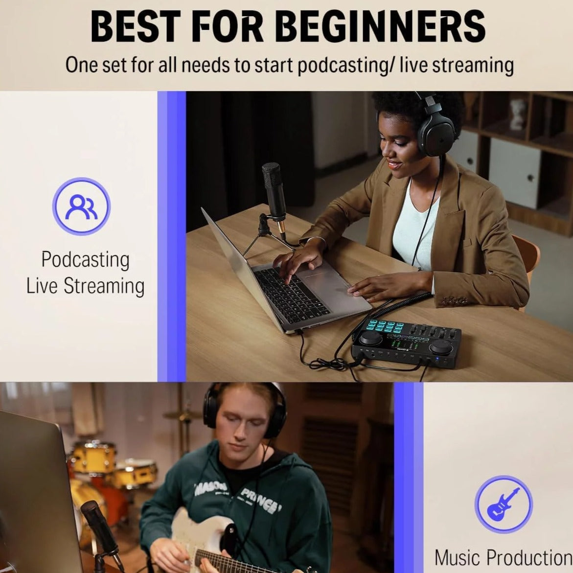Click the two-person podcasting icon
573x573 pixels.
pyautogui.click(x=81, y=206)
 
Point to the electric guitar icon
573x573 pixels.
pyautogui.click(x=504, y=504)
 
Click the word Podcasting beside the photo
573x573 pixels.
pyautogui.click(x=86, y=260)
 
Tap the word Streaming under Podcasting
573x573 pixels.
pyautogui.click(x=104, y=286)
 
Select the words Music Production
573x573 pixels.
pyautogui.click(x=504, y=558)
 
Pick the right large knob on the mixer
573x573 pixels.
pyautogui.click(x=440, y=346)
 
